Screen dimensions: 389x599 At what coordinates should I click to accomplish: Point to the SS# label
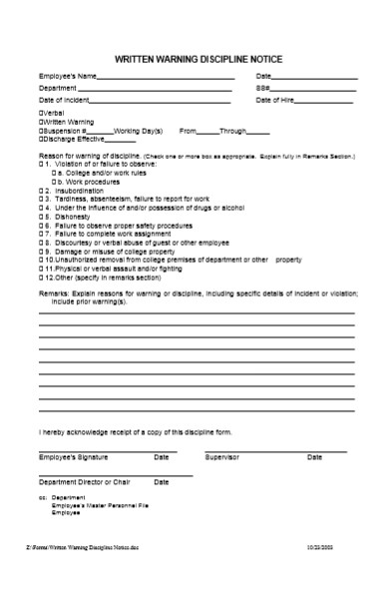point(263,89)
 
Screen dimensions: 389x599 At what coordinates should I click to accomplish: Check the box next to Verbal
point(41,113)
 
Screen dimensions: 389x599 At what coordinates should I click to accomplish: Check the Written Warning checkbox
point(41,122)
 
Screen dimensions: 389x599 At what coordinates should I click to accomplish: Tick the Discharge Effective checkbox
point(41,139)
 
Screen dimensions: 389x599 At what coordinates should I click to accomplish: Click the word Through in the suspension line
point(232,131)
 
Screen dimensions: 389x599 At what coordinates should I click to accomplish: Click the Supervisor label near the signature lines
point(222,456)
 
